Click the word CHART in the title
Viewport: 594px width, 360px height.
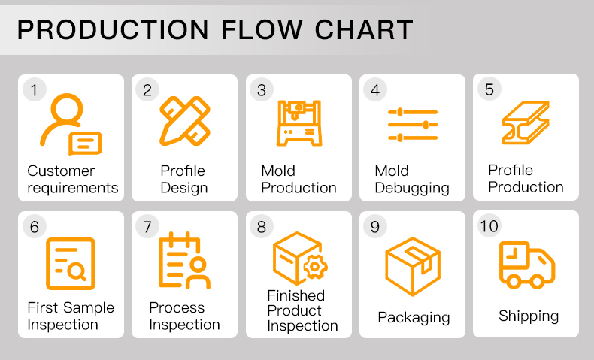[x=364, y=29]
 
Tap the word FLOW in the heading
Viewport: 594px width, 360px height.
[x=262, y=29]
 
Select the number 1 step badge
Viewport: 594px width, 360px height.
[x=35, y=90]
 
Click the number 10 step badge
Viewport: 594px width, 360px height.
[x=489, y=226]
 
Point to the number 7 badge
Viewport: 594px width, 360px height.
[x=147, y=227]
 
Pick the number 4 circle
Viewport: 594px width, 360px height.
[x=375, y=90]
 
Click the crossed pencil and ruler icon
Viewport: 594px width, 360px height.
[x=185, y=121]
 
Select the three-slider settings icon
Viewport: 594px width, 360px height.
[x=413, y=125]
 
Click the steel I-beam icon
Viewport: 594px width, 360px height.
[x=526, y=123]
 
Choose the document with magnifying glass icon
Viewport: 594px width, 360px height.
[x=71, y=264]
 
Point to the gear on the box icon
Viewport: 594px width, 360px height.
[x=314, y=267]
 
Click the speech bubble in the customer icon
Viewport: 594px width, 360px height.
[x=85, y=144]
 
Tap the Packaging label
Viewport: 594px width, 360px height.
[x=414, y=318]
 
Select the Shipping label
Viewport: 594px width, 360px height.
[x=529, y=316]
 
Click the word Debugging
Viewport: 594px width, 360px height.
[x=412, y=188]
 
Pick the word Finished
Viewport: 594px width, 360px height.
[x=295, y=295]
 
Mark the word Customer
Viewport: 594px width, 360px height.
[x=61, y=171]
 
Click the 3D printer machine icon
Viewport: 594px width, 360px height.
[x=299, y=123]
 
